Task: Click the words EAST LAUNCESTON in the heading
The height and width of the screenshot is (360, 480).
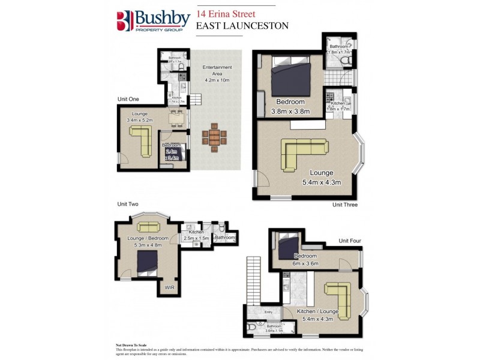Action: [242, 26]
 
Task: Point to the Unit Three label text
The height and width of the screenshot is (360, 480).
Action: [345, 205]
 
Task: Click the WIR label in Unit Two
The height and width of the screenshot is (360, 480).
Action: [170, 287]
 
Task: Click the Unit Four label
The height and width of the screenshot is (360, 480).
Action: [350, 241]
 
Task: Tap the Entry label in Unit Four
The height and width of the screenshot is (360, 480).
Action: [269, 312]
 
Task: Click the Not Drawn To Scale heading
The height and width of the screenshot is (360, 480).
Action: [132, 345]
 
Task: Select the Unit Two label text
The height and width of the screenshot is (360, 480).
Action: [127, 205]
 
